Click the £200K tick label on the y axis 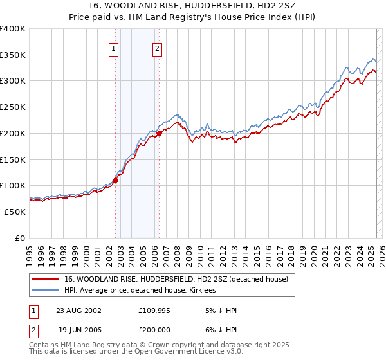[13, 133]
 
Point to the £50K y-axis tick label [15, 212]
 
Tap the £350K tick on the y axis [13, 55]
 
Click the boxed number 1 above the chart [114, 47]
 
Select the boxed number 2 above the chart [157, 47]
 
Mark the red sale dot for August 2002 [116, 180]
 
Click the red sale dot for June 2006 [159, 134]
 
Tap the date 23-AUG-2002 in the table [80, 310]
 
